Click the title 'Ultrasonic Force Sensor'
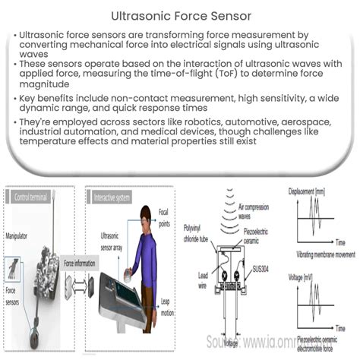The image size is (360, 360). click(x=179, y=14)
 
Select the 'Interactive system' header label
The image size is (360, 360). click(x=114, y=197)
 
